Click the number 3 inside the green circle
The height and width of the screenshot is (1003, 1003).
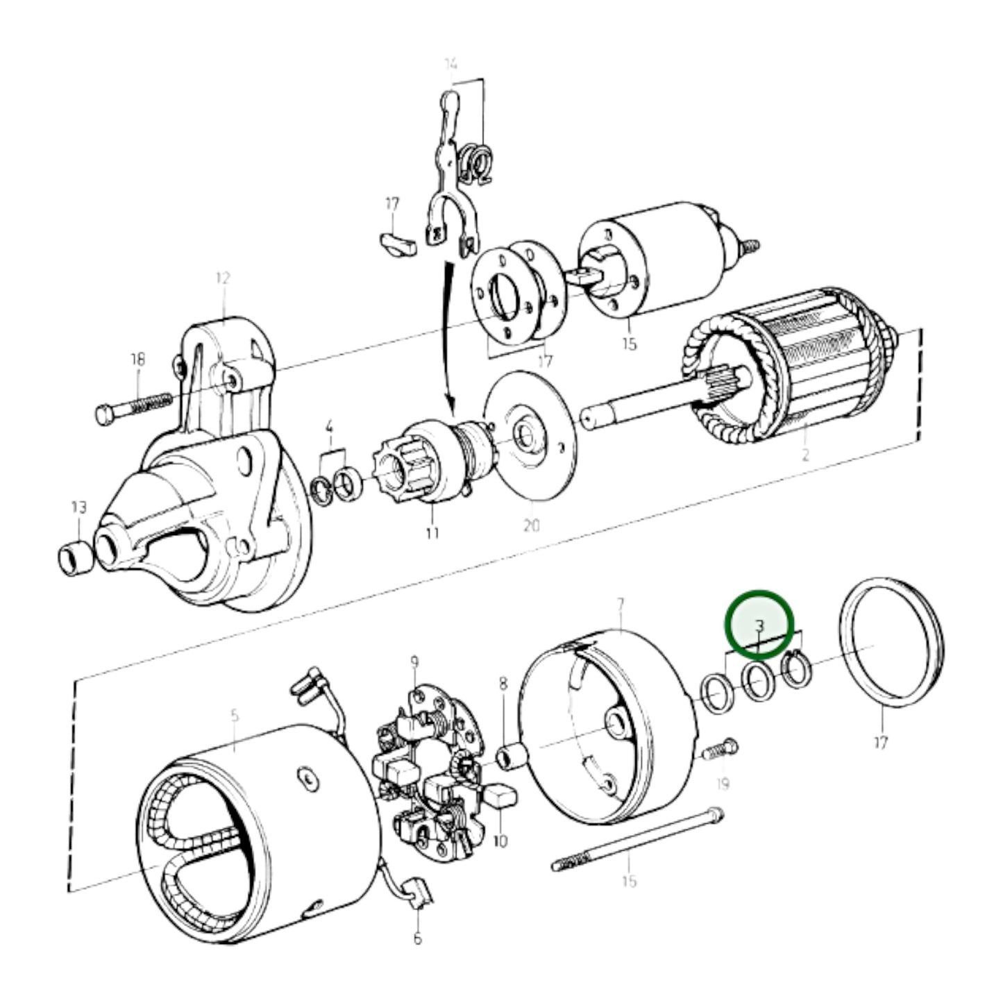(759, 626)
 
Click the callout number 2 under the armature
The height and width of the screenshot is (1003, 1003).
(805, 456)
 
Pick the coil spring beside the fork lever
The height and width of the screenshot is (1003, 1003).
(477, 167)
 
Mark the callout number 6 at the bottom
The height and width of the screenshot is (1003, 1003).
(417, 939)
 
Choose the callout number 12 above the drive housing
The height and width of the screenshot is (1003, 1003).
(222, 278)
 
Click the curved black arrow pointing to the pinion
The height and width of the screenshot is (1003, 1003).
(446, 333)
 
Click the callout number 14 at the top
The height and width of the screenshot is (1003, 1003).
(450, 65)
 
